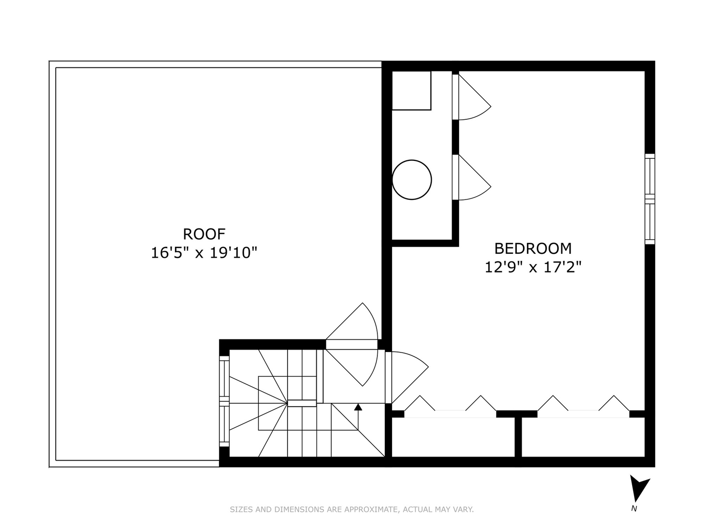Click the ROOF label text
(x=204, y=234)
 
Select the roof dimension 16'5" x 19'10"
(x=204, y=253)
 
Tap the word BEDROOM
(x=533, y=248)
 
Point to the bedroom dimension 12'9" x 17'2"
(x=533, y=267)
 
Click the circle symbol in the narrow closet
(x=412, y=179)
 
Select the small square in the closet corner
(x=411, y=90)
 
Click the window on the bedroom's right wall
(x=650, y=199)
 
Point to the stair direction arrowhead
(x=358, y=407)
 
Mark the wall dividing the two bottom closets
(x=518, y=436)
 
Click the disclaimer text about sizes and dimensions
(x=352, y=509)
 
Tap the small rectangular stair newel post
(x=302, y=403)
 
